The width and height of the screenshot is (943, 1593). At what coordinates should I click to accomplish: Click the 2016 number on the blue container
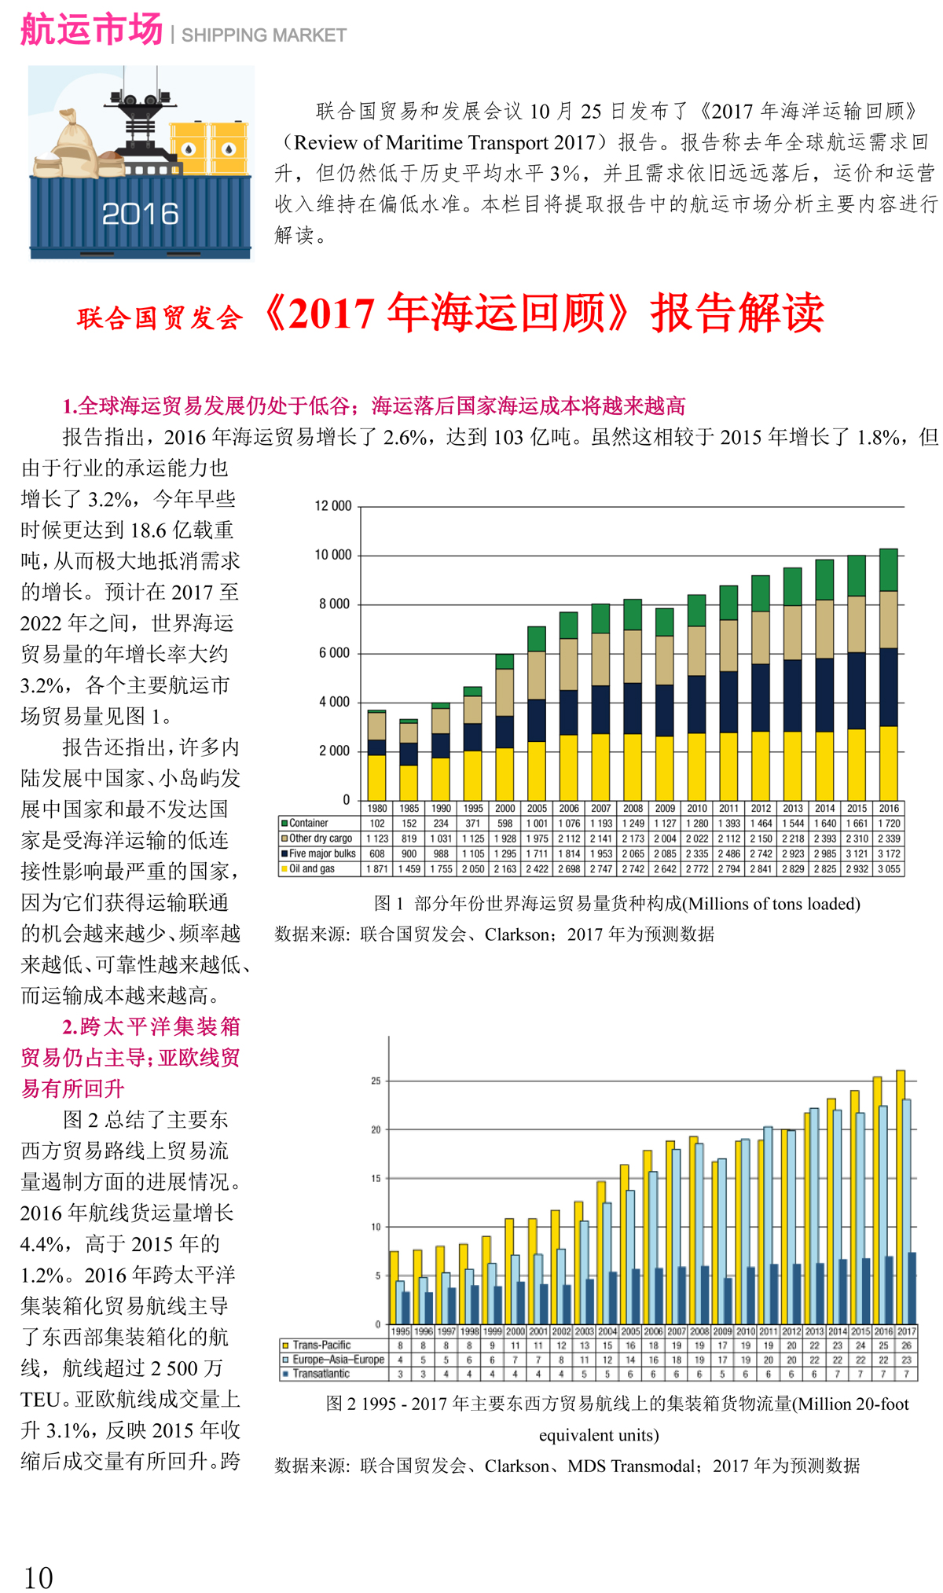pos(140,214)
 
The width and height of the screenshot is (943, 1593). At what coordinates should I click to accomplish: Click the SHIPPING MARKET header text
pos(264,35)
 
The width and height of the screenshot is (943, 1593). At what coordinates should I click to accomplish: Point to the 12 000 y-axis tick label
pos(333,506)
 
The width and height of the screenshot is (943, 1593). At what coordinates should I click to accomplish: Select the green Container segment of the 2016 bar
pos(888,570)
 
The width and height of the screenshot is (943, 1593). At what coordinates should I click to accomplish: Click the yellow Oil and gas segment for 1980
pos(377,777)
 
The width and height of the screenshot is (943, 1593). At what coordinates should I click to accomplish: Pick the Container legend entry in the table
pos(308,824)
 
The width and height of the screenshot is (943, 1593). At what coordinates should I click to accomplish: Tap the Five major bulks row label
pos(321,853)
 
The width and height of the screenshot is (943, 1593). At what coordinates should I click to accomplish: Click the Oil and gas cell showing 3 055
pos(889,869)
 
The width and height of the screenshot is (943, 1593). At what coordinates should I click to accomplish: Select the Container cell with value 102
pos(377,824)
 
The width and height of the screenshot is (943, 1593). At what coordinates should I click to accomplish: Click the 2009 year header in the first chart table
pos(665,809)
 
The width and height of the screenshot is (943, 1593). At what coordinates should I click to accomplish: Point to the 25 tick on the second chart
pos(376,1081)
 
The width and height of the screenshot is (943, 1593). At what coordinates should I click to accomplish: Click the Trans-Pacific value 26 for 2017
pos(906,1345)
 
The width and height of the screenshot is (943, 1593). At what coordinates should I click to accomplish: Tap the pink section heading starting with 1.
pos(373,406)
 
